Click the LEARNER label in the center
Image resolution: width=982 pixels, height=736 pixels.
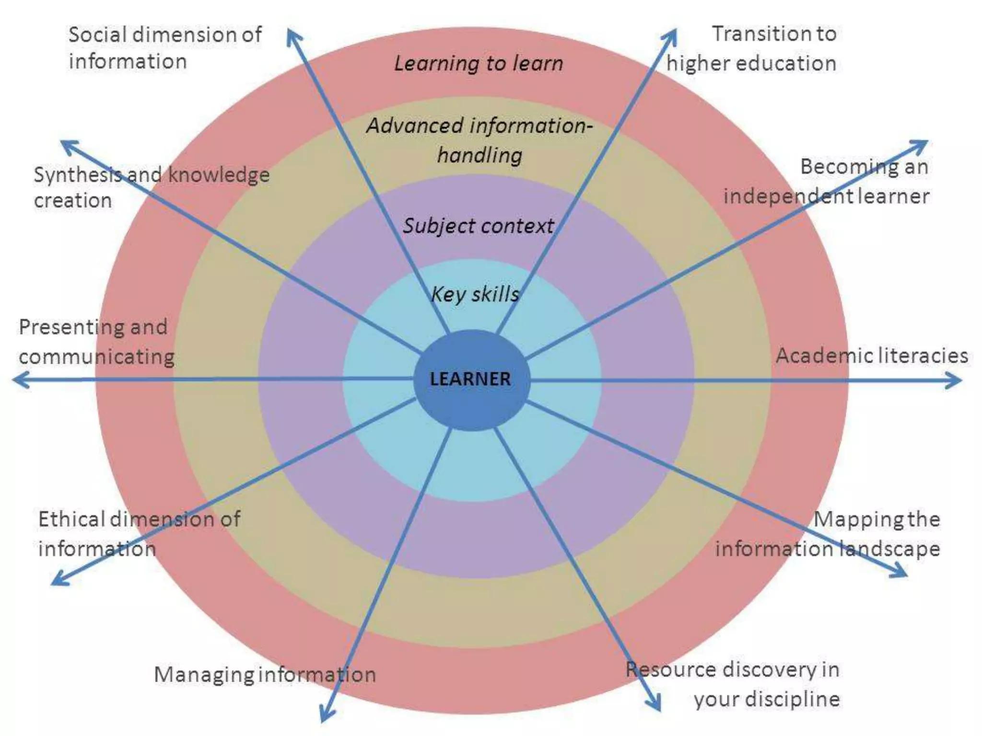click(470, 379)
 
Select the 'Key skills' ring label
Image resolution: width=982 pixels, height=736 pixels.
click(475, 294)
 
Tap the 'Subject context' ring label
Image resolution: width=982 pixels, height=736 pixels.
click(478, 226)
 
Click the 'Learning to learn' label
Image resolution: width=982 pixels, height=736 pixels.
click(479, 63)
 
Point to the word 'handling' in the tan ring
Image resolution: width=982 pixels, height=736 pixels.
click(479, 155)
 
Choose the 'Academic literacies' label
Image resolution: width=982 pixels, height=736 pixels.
click(872, 356)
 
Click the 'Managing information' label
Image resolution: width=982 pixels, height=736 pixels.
click(265, 675)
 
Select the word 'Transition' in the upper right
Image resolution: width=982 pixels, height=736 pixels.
click(753, 34)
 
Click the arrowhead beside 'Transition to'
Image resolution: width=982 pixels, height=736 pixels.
click(671, 36)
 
